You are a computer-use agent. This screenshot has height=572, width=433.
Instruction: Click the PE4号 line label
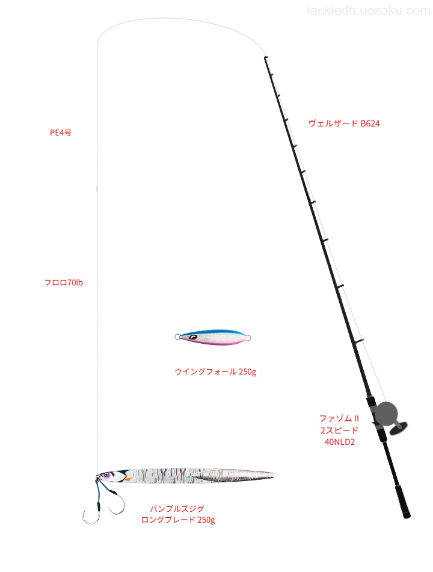[61, 132]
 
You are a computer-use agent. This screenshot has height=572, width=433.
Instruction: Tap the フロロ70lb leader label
[63, 282]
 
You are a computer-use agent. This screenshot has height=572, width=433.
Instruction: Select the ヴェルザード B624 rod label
[344, 123]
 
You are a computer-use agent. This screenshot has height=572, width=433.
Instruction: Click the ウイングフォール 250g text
[215, 371]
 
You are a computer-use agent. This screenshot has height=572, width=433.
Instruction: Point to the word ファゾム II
[339, 418]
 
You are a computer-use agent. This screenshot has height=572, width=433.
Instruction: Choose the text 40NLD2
[339, 442]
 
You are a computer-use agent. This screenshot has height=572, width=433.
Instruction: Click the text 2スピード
[339, 430]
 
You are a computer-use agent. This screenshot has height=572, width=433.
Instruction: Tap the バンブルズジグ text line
[177, 508]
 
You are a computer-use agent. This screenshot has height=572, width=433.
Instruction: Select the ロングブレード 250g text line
[178, 520]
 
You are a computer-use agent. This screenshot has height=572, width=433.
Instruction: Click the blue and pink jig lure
[213, 337]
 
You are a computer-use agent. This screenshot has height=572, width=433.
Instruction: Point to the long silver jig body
[186, 476]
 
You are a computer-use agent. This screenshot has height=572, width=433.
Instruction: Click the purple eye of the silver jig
[106, 475]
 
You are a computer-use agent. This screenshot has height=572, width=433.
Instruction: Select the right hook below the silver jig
[118, 503]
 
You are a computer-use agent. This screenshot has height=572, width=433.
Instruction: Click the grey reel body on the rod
[385, 414]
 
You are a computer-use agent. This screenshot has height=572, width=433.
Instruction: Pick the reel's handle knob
[398, 428]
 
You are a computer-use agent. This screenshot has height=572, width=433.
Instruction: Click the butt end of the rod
[407, 515]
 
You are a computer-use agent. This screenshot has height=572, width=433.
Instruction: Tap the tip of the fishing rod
[265, 57]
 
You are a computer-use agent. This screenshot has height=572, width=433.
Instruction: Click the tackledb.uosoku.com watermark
[368, 11]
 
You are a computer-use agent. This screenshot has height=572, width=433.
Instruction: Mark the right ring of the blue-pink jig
[248, 337]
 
